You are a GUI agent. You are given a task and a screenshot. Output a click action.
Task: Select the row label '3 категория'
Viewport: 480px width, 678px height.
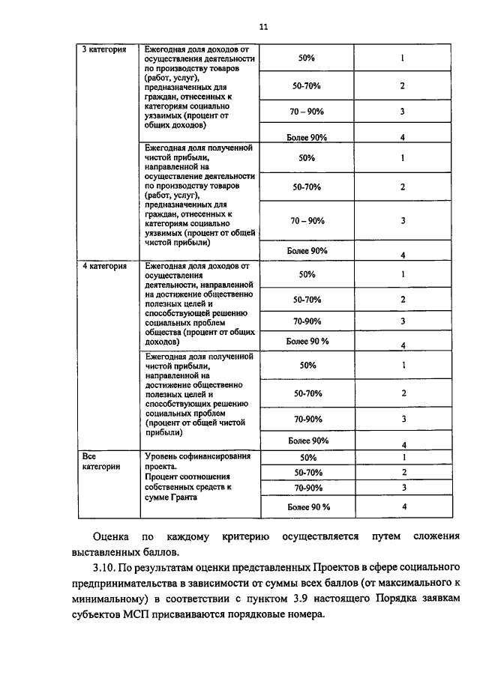pos(105,49)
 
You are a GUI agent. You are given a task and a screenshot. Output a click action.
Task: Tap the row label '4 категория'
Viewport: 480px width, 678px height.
pos(105,265)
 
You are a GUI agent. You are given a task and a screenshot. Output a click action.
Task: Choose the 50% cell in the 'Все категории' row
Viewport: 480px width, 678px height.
pos(307,457)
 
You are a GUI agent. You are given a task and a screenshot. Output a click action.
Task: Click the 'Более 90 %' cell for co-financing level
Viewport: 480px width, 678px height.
pos(307,507)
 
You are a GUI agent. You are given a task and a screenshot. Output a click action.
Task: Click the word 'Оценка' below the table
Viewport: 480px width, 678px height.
pos(110,537)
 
